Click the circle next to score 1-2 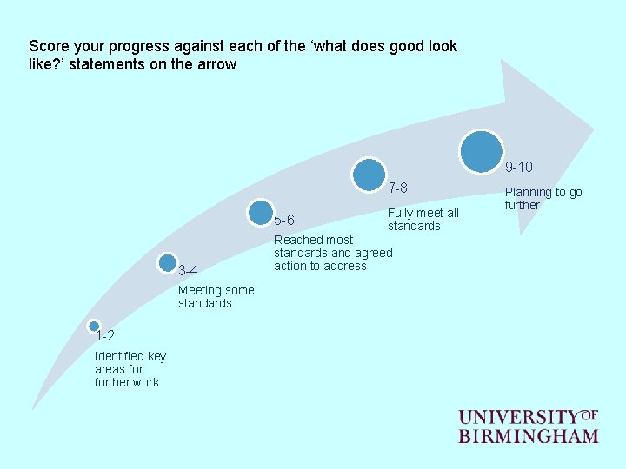(94, 326)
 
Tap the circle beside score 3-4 (169, 261)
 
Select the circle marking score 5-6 (260, 213)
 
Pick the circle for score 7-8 (370, 174)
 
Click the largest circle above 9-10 (482, 151)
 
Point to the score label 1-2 (105, 336)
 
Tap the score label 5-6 (284, 220)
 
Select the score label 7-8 (397, 188)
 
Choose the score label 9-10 (519, 167)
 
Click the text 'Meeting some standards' (216, 297)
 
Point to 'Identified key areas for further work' (130, 369)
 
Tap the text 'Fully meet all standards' (423, 220)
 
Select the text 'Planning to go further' (543, 199)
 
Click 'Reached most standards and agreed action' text (333, 253)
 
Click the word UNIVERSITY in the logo (519, 418)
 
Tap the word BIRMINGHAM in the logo (528, 436)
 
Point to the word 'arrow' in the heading (217, 64)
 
